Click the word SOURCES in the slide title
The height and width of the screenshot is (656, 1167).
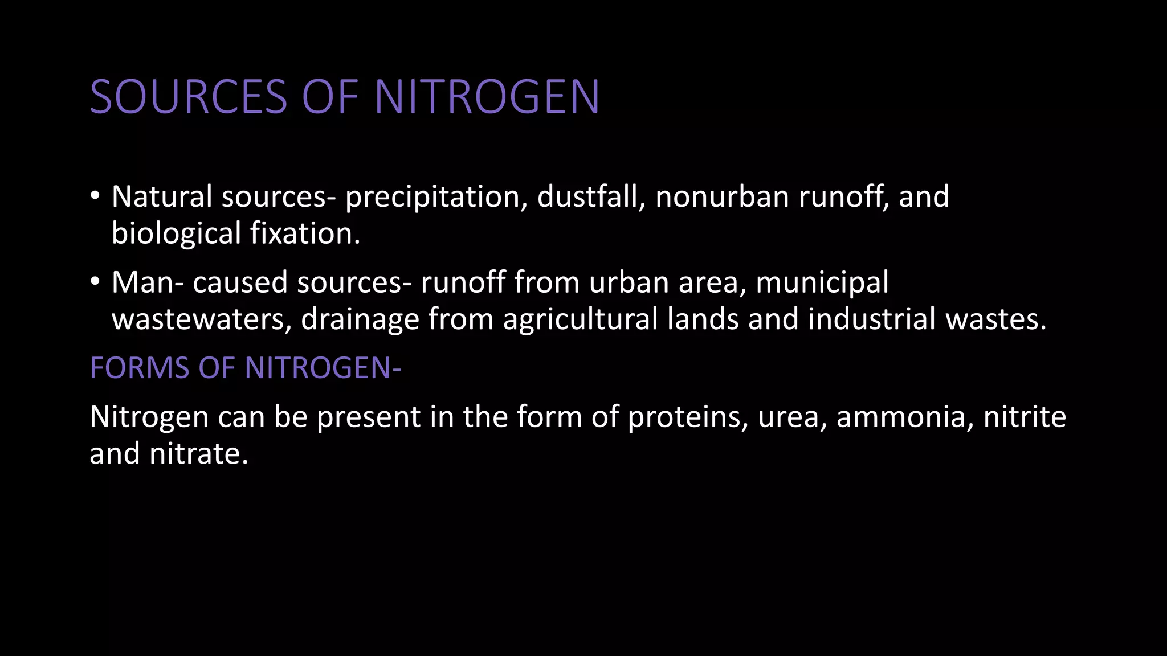coord(189,97)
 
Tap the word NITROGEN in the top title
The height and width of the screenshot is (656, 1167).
coord(487,97)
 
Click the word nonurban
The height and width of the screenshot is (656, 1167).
coord(722,196)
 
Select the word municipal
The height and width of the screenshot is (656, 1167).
coord(822,282)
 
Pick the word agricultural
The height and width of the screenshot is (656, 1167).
coord(580,319)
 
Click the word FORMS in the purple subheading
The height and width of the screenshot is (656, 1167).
coord(140,368)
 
